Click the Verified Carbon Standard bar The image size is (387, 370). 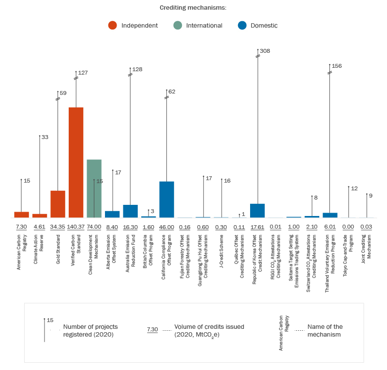click(x=76, y=162)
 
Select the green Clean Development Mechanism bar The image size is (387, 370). click(x=94, y=188)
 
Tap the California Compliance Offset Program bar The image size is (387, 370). click(x=167, y=200)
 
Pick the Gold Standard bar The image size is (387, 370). click(x=58, y=204)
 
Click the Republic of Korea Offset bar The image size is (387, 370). click(x=257, y=211)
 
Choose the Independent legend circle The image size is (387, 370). click(x=113, y=26)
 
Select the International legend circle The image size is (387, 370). click(x=178, y=26)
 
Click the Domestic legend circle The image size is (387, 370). click(x=242, y=26)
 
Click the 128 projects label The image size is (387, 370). click(x=137, y=69)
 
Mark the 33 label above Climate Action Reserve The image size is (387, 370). click(x=45, y=138)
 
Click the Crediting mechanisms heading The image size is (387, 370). click(x=193, y=8)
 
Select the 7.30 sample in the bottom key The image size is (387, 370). click(x=152, y=330)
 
